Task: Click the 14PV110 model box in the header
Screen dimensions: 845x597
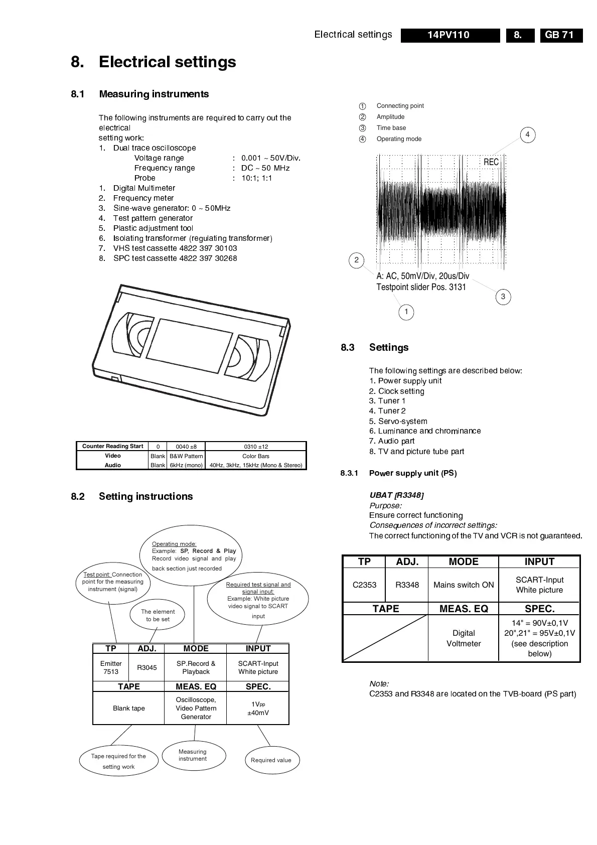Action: pos(450,35)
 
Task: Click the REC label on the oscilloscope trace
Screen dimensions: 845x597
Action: pos(491,162)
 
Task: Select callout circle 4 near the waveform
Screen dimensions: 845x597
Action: pos(527,134)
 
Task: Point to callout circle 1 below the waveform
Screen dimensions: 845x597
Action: pos(406,312)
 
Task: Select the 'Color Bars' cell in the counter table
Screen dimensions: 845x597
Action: pos(256,456)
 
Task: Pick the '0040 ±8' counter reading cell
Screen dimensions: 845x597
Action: pos(186,447)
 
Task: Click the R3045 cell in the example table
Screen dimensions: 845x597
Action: pos(147,667)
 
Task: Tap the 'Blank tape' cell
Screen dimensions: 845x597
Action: pos(128,708)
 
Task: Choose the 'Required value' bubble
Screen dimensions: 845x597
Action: pos(271,760)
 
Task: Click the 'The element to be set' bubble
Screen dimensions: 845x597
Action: pos(158,615)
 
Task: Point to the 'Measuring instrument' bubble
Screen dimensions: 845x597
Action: pos(193,755)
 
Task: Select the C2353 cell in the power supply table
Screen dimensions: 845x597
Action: pos(364,585)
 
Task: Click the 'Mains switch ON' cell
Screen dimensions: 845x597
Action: pos(464,585)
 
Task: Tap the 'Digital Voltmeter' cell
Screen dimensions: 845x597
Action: pos(464,638)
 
